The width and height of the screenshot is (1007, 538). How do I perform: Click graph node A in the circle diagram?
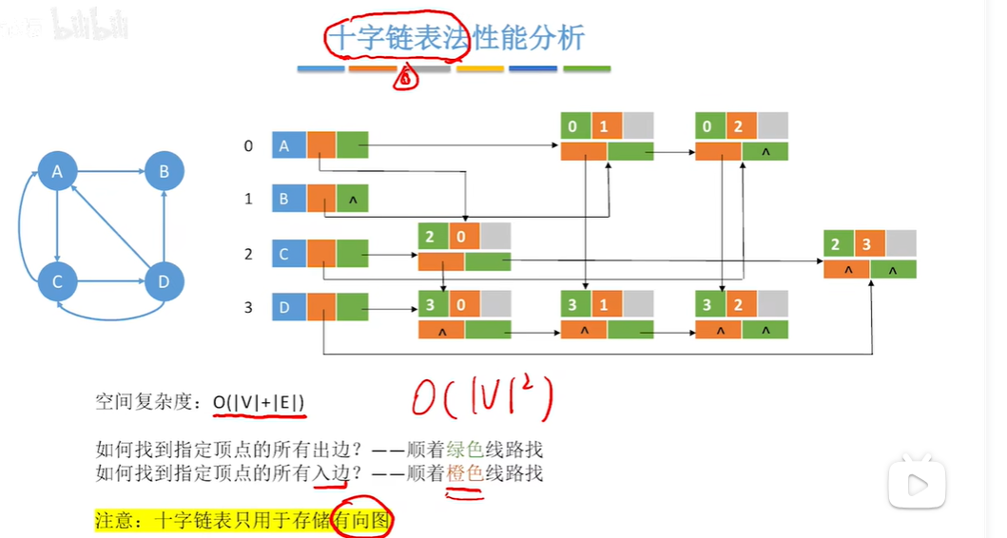click(58, 172)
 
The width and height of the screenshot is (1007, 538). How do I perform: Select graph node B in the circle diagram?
click(165, 172)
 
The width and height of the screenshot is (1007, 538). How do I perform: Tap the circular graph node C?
click(58, 282)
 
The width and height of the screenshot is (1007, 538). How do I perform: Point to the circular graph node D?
click(165, 282)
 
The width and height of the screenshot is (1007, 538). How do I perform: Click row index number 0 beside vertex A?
click(248, 145)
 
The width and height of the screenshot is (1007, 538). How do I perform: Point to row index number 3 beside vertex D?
click(248, 307)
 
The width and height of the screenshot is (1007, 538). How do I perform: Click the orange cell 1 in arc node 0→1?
click(607, 126)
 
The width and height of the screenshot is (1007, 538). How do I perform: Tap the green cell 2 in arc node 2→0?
click(433, 236)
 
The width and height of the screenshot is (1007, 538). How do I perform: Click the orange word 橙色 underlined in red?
click(464, 471)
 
